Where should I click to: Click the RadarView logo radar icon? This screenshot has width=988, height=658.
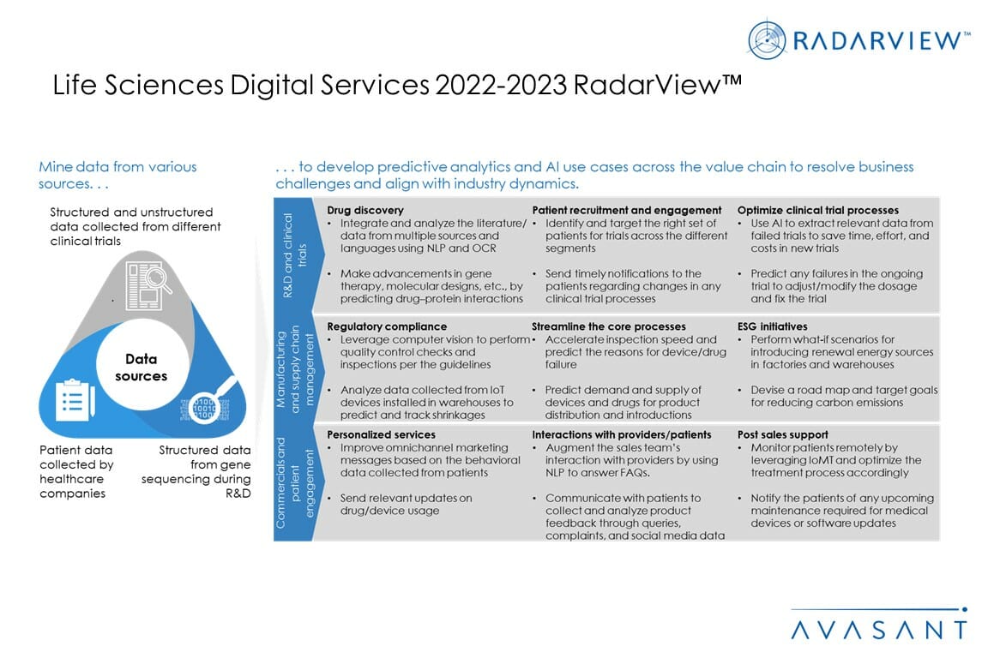click(x=767, y=39)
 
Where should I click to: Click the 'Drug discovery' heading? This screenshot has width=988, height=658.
click(x=365, y=210)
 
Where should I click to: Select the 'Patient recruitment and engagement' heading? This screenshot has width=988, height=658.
click(x=626, y=210)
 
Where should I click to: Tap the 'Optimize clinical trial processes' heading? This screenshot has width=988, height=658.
click(x=818, y=210)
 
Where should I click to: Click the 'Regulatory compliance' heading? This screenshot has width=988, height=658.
click(x=387, y=326)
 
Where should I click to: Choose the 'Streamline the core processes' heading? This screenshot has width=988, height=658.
click(x=608, y=326)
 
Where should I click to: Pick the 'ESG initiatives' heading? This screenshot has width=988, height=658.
click(x=772, y=326)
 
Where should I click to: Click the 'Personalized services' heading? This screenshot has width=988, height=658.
click(x=381, y=434)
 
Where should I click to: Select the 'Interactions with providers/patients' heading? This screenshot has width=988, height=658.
click(x=621, y=434)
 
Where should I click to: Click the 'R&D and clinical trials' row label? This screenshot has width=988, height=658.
click(x=293, y=254)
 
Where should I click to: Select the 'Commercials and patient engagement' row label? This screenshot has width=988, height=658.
click(x=293, y=482)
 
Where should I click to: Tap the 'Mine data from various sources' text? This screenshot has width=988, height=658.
click(x=117, y=175)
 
